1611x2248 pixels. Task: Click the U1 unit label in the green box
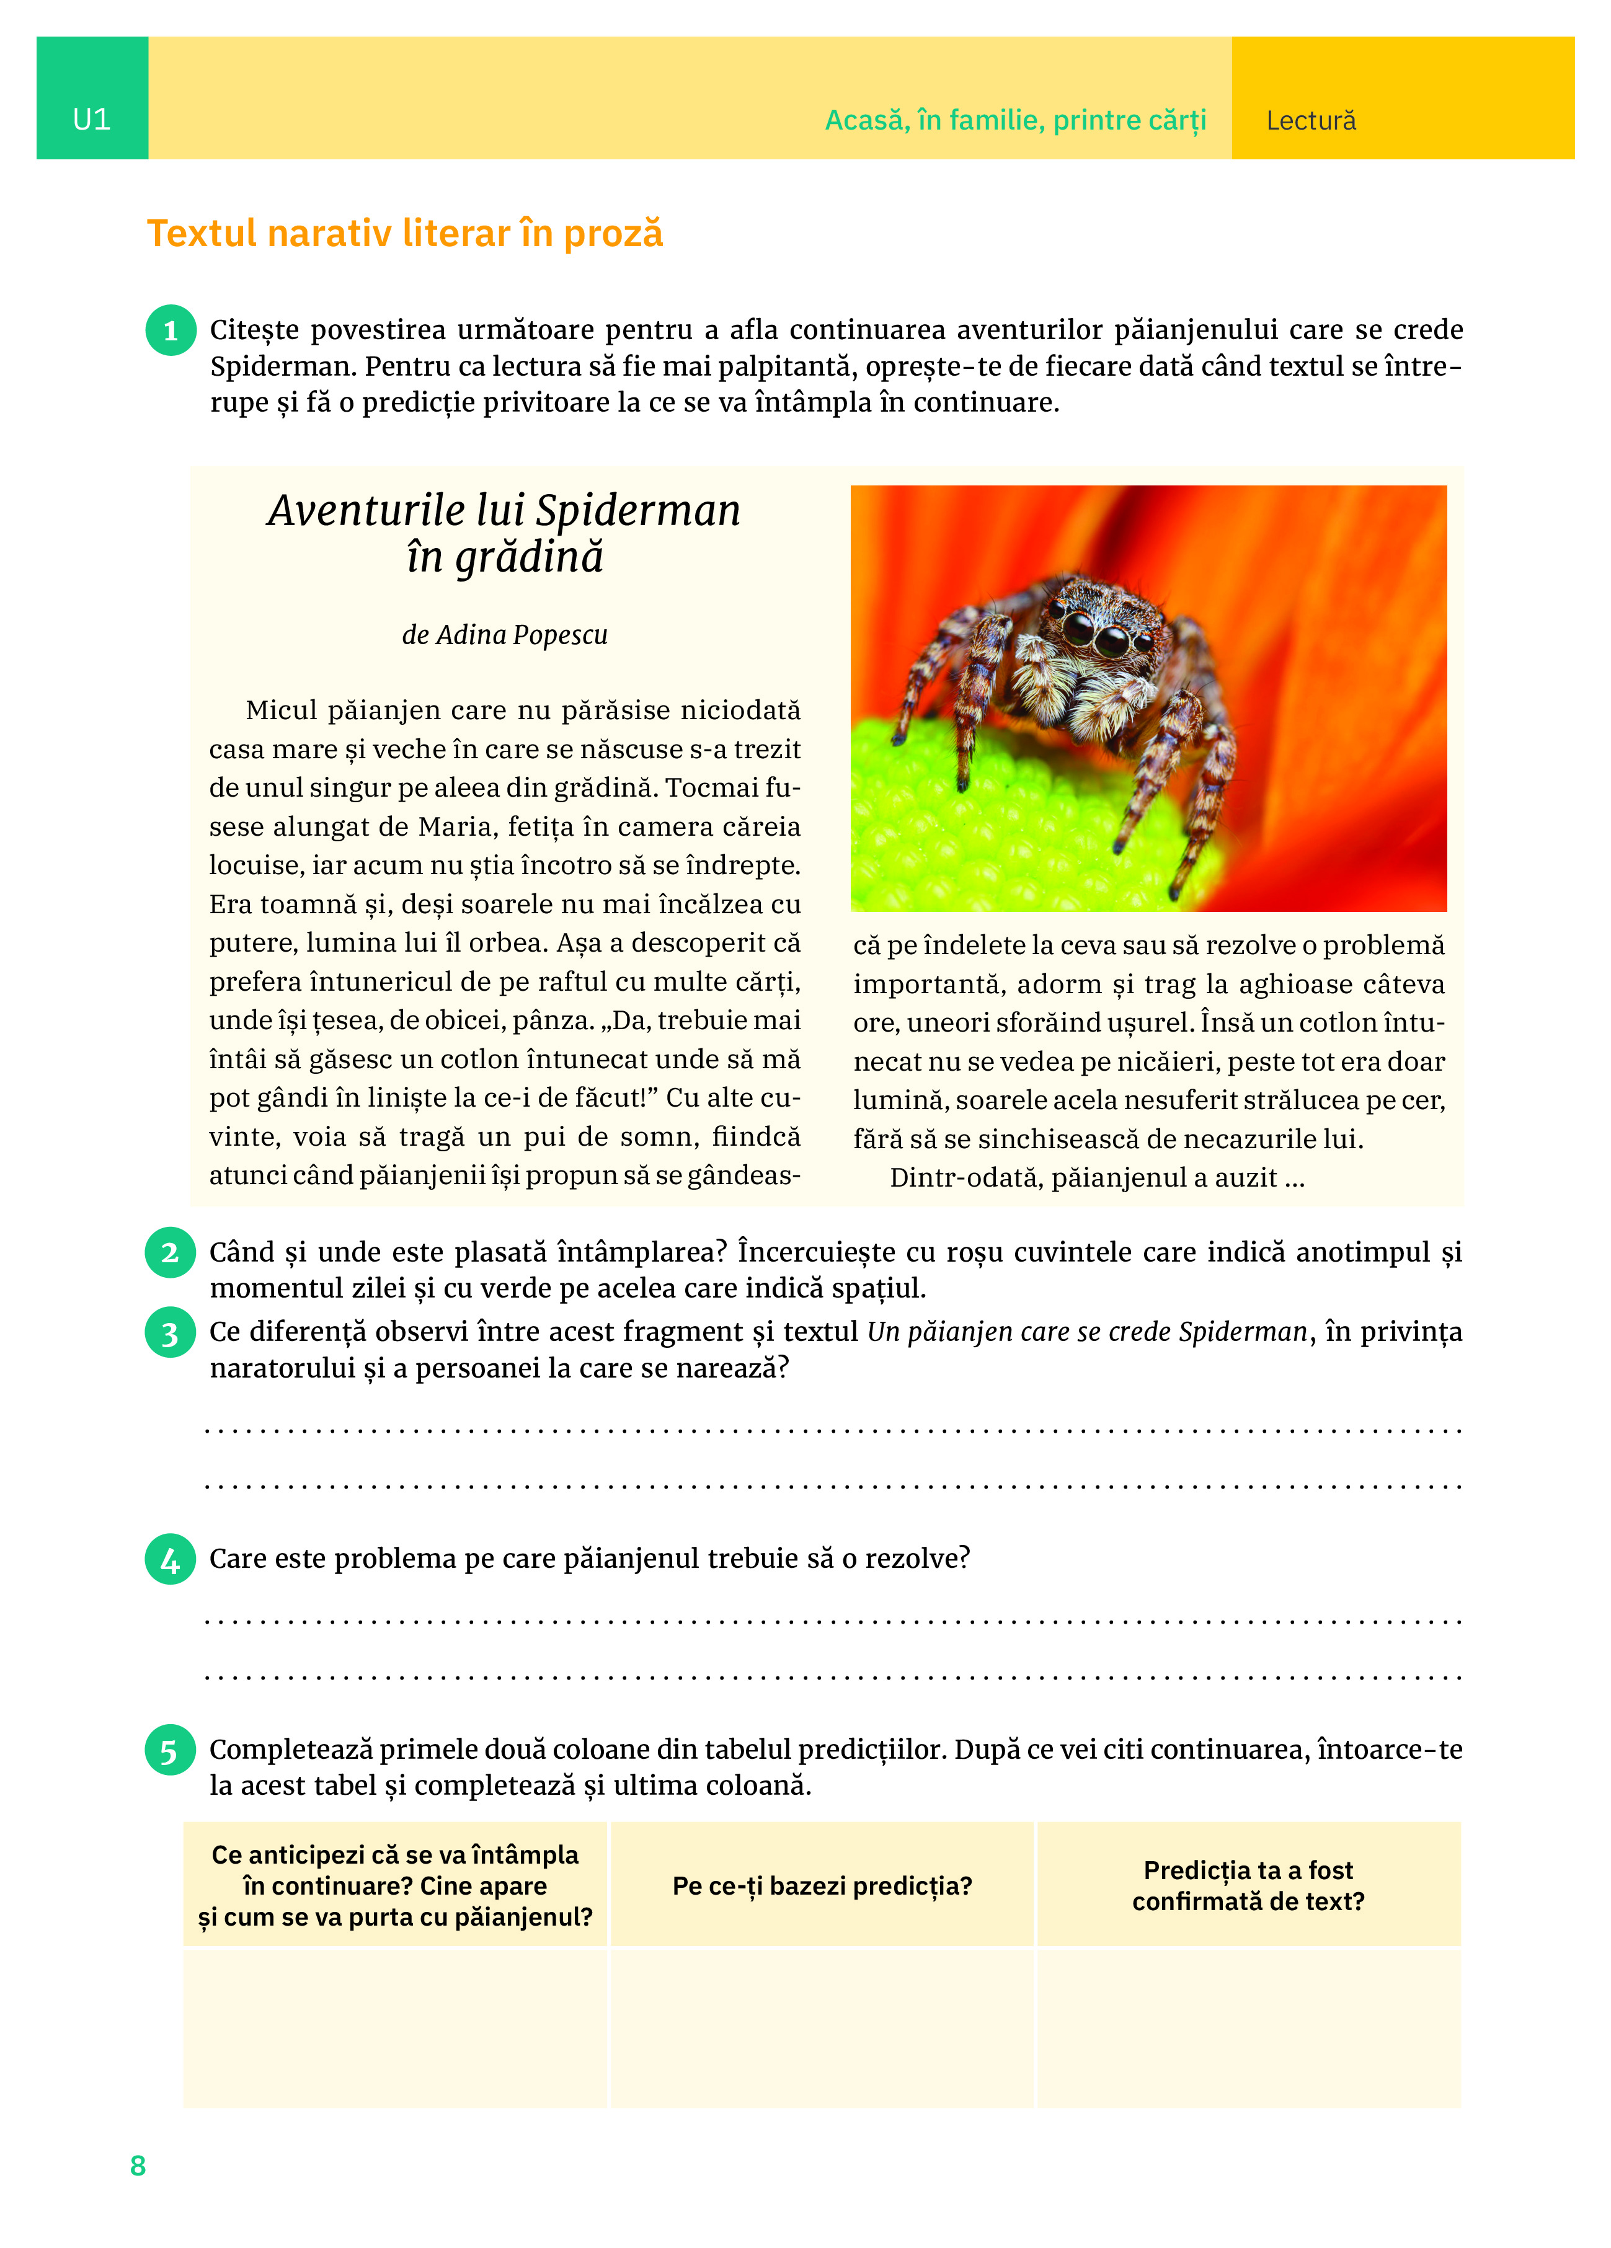91,120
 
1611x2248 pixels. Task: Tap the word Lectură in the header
1311,121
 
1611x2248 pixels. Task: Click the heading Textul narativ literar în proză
404,234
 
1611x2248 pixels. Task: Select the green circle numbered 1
171,330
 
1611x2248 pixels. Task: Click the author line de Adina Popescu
505,634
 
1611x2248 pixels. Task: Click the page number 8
138,2166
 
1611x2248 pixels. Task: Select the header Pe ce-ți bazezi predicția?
822,1885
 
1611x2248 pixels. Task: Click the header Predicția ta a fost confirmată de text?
1248,1885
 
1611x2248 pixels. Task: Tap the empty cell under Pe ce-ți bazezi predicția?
822,2026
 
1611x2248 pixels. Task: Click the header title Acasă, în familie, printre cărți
1015,121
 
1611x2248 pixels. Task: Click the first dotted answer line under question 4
833,1622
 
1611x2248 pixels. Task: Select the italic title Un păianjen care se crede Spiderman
1086,1332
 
